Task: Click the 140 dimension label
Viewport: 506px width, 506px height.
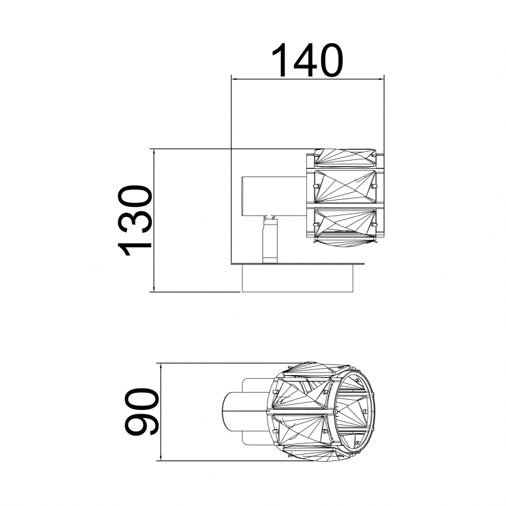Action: (x=307, y=60)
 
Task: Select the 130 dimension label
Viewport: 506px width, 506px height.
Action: (x=135, y=221)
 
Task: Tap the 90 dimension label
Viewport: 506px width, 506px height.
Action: (x=141, y=412)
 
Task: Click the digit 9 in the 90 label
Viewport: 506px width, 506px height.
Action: (x=141, y=424)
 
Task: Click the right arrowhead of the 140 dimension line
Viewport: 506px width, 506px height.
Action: (x=380, y=78)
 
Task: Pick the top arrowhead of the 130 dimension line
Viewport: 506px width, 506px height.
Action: (x=154, y=153)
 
